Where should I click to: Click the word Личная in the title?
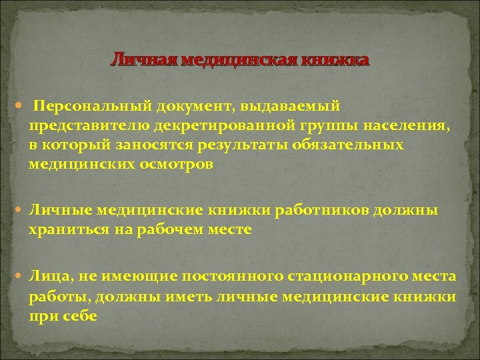(x=137, y=61)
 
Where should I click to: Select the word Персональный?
(x=93, y=105)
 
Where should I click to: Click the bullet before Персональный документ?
(x=20, y=106)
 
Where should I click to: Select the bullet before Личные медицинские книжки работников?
(x=20, y=211)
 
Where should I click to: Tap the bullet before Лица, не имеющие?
(x=20, y=277)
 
